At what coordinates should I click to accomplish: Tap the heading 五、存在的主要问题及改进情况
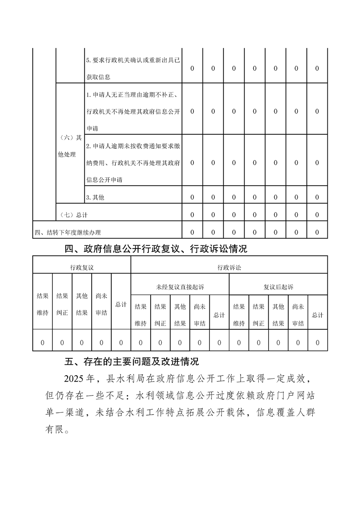click(x=132, y=362)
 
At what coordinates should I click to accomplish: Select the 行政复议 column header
click(x=82, y=268)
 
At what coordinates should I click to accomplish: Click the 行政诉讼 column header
click(x=229, y=268)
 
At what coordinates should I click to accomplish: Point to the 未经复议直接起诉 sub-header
click(x=180, y=287)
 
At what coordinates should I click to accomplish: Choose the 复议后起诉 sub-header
click(x=278, y=287)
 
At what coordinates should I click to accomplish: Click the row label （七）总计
click(x=74, y=215)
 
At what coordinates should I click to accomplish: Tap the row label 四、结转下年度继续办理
click(x=68, y=233)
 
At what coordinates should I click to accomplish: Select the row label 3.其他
click(x=92, y=197)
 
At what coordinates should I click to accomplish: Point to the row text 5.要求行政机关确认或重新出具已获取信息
click(x=133, y=69)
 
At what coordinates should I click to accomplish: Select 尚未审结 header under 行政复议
click(x=101, y=304)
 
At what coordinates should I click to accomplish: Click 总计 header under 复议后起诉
click(x=317, y=315)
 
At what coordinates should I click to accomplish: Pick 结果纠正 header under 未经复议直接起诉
click(x=160, y=315)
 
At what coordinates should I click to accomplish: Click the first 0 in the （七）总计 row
click(x=192, y=215)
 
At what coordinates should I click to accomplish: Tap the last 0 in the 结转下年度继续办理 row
click(x=317, y=233)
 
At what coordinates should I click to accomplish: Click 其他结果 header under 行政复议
click(x=82, y=304)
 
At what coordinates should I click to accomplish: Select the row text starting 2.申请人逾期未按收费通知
click(x=133, y=163)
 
